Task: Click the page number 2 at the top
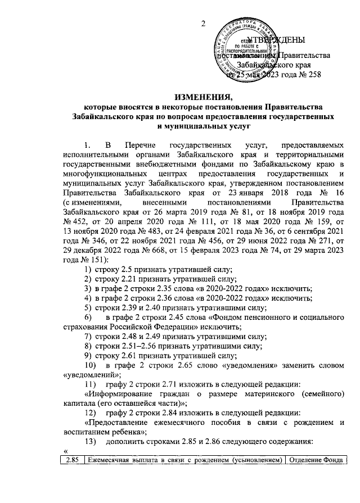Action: (204, 23)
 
